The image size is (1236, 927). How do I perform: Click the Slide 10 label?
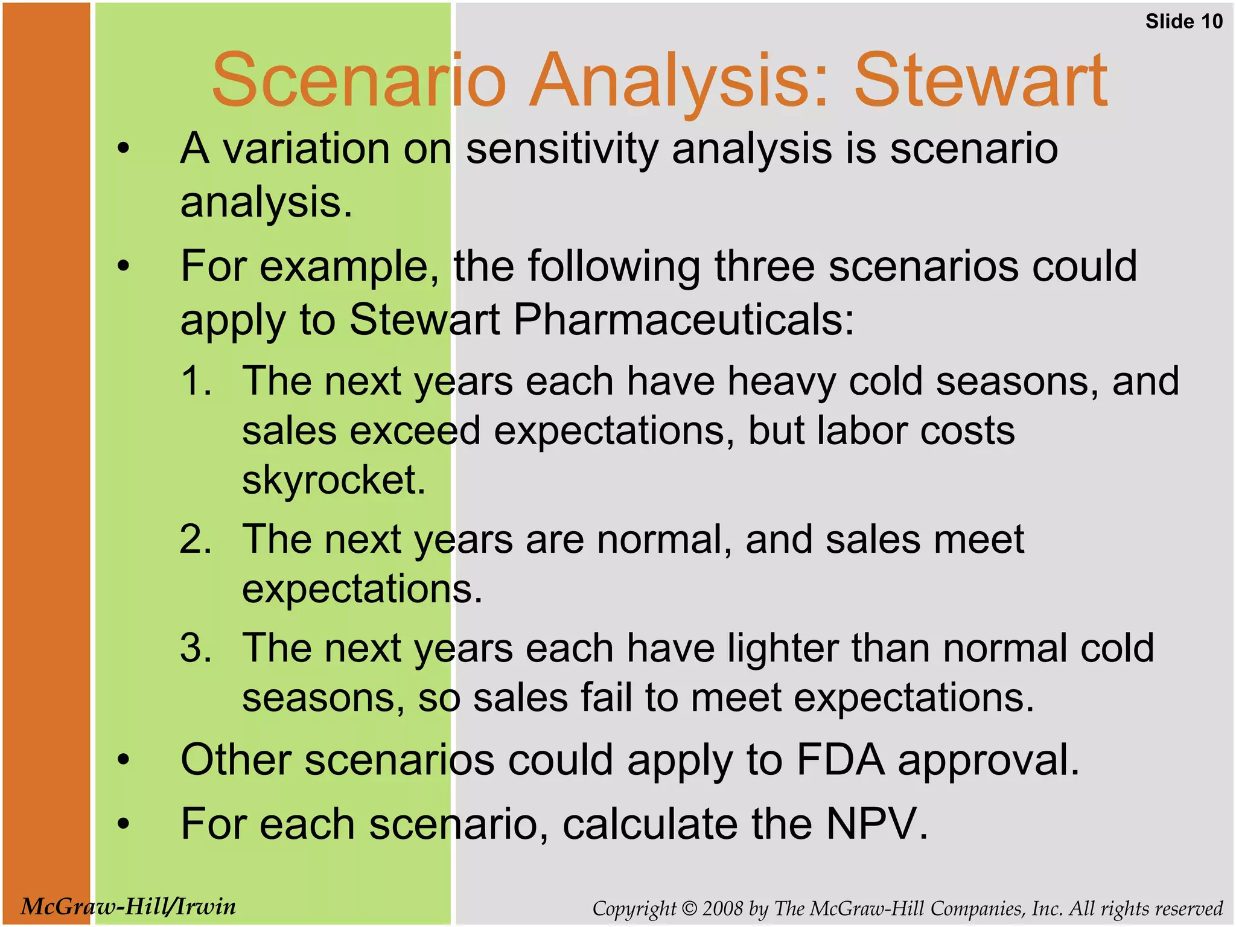pos(1183,22)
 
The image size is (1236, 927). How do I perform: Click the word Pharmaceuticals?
pos(684,320)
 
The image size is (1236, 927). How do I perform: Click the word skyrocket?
pos(334,480)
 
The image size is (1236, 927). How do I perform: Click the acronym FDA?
pos(840,760)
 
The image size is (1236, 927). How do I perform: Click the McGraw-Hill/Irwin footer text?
pos(128,906)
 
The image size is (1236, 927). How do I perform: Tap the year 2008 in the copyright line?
pos(722,908)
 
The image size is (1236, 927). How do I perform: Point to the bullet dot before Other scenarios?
pos(124,760)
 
